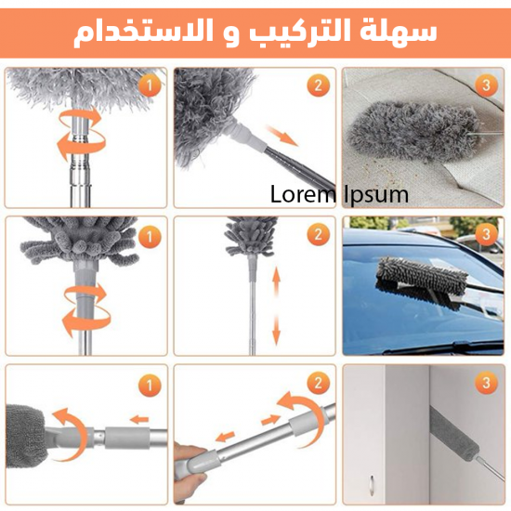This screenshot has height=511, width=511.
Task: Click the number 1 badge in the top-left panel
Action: pos(149,85)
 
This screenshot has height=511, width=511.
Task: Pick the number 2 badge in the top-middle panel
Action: pos(318,85)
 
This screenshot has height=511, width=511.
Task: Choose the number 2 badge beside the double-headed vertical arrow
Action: pos(318,234)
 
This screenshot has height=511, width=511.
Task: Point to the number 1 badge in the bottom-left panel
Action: pos(149,383)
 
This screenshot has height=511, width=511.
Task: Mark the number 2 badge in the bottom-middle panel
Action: pos(318,383)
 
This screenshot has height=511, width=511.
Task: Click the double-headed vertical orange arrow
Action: pos(276,330)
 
